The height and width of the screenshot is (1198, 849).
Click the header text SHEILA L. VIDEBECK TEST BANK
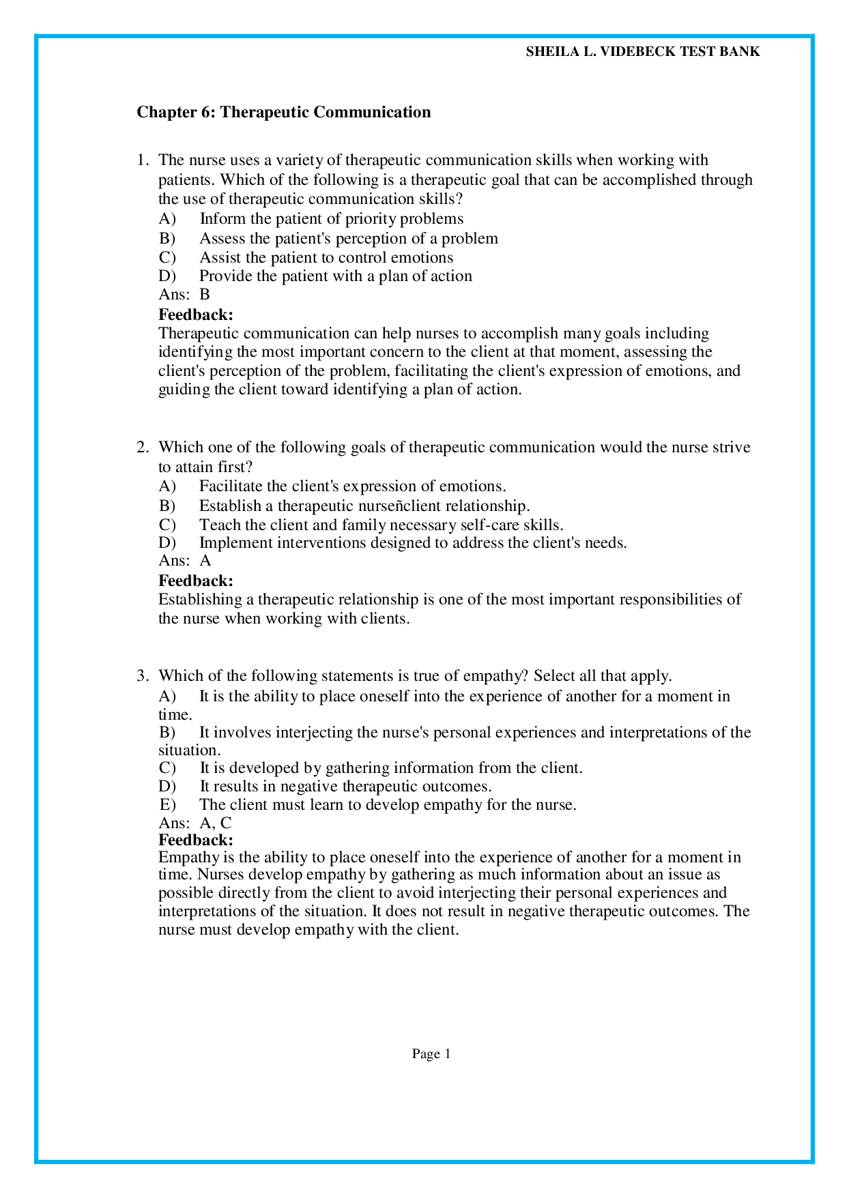[642, 52]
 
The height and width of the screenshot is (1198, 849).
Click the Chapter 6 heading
[283, 112]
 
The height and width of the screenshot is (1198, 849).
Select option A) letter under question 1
[167, 219]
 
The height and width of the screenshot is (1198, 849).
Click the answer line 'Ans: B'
[184, 295]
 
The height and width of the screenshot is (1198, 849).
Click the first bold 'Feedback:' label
[196, 315]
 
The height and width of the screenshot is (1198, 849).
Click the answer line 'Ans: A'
[185, 561]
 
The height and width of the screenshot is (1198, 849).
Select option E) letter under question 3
[167, 804]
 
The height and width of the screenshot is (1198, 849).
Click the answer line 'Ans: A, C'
[195, 823]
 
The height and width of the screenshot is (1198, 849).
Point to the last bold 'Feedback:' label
[196, 840]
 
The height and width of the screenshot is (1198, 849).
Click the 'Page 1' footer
[431, 1054]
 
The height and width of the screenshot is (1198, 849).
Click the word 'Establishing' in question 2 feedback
[200, 600]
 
